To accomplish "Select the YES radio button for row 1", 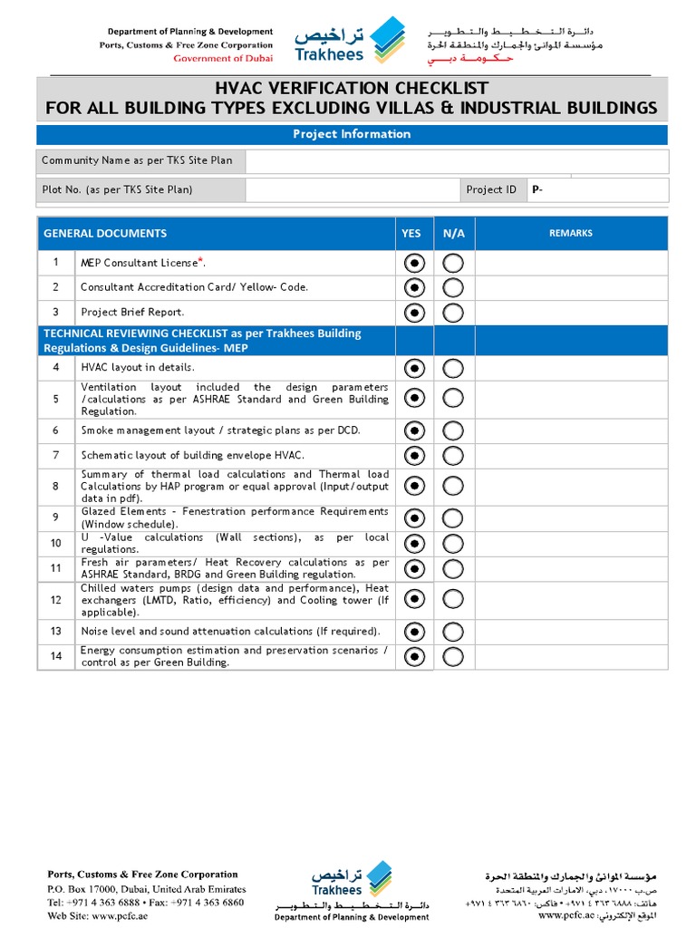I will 414,263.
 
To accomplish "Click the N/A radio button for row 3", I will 453,313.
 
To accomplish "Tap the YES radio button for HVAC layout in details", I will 414,368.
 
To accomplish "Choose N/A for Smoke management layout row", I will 453,430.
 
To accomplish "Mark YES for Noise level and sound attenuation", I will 414,631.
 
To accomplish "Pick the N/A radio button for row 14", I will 453,656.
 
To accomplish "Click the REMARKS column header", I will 571,233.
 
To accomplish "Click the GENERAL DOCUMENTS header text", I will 105,233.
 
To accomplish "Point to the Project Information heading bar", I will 352,134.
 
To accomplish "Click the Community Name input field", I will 457,161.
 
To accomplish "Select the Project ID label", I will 491,189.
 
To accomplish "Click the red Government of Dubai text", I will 223,58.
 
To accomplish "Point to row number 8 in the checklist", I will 55,487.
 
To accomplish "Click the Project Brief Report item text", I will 132,313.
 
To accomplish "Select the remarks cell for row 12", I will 571,599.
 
